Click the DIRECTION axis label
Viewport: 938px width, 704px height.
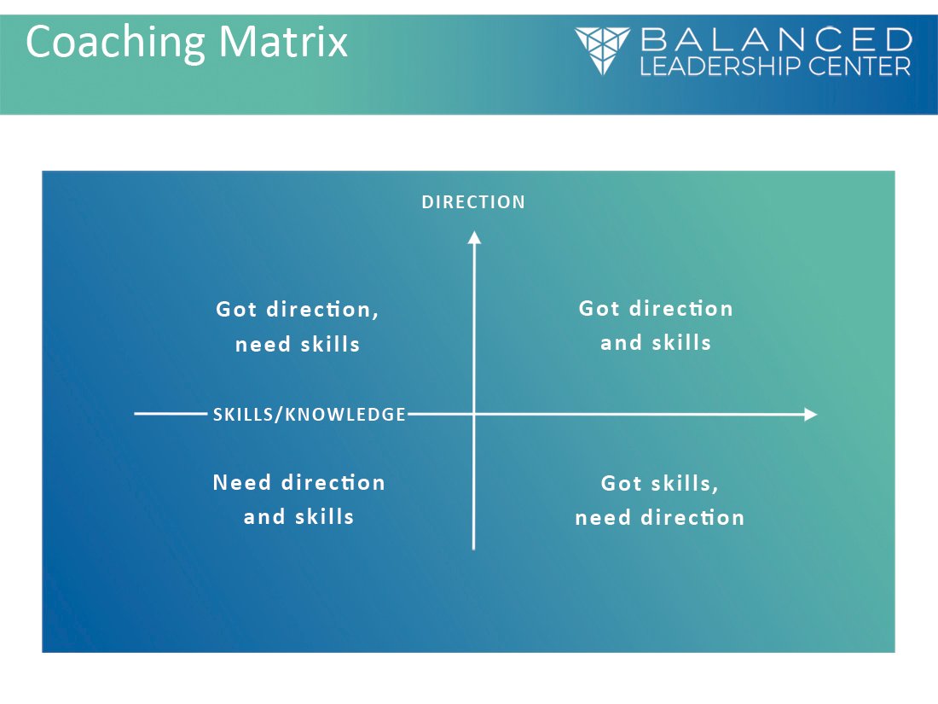[x=473, y=202]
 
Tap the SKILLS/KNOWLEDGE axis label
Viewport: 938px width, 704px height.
[x=310, y=415]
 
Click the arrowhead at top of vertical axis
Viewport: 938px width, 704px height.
[x=474, y=236]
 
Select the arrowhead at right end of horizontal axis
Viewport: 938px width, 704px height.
[x=810, y=415]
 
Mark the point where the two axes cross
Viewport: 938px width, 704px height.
[x=474, y=415]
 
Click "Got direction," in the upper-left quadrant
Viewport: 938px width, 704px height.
[x=298, y=309]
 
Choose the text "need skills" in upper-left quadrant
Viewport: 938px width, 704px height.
[x=298, y=345]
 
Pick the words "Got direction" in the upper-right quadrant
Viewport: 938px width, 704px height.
[x=656, y=308]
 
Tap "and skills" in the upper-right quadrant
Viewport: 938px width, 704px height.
[x=656, y=343]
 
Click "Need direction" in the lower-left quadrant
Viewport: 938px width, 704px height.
[x=298, y=483]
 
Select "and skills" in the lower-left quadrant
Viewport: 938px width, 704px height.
[x=298, y=517]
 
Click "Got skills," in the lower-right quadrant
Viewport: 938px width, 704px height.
[x=659, y=484]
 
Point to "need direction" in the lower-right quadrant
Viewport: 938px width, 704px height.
[x=659, y=518]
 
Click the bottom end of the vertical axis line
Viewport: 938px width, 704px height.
[x=474, y=548]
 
